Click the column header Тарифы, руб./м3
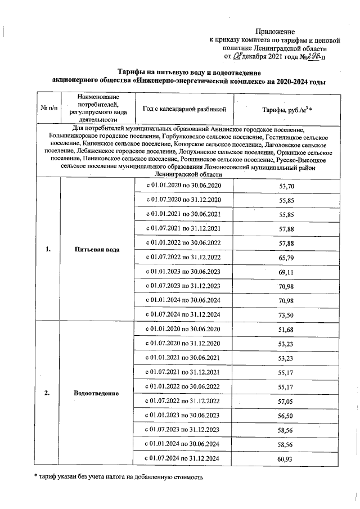(284, 109)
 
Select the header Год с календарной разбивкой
(184, 109)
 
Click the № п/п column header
(48, 109)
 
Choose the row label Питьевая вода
(96, 249)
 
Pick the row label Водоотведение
(96, 393)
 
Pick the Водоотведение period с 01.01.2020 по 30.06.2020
(183, 330)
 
